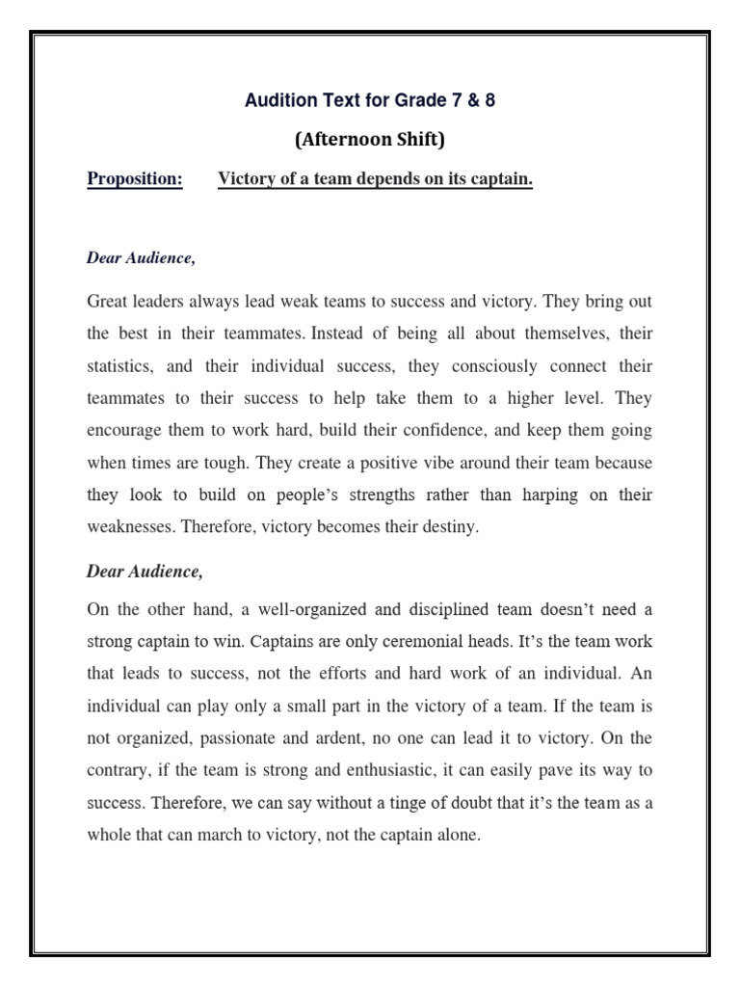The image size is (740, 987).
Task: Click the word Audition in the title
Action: pos(275,101)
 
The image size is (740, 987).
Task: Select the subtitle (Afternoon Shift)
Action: pos(369,140)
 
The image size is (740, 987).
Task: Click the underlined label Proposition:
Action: pos(135,179)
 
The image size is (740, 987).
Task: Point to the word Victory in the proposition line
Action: pos(248,179)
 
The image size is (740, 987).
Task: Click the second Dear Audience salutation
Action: pos(145,571)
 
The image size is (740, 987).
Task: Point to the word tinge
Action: pos(437,803)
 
